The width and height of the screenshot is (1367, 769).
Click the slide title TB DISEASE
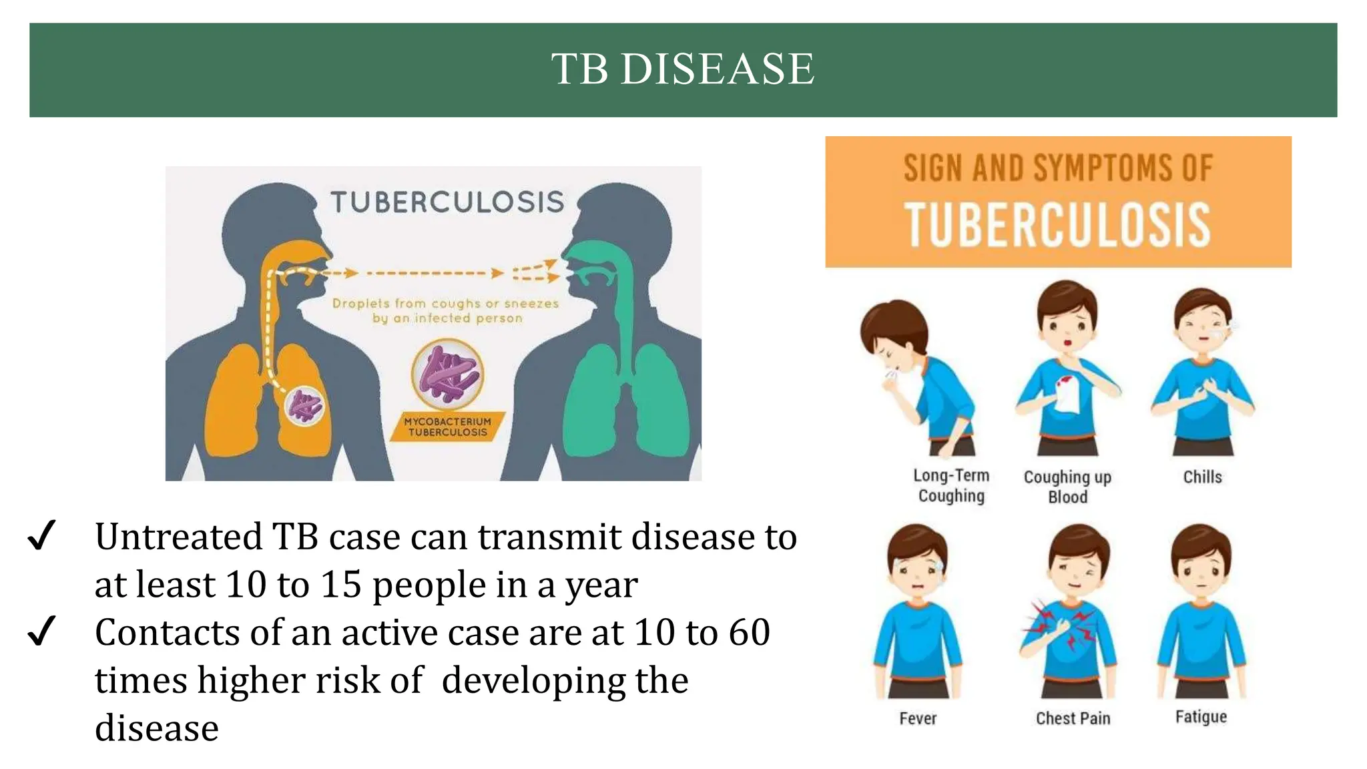pos(682,69)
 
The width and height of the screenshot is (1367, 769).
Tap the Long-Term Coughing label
pos(951,485)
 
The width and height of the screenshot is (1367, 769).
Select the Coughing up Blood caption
pos(1067,487)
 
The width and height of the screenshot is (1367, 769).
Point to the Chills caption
pos(1202,477)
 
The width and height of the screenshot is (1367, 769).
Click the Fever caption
pos(918,718)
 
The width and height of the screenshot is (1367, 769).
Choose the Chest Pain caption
pos(1073,718)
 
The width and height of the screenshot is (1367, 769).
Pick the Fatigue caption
pos(1201,717)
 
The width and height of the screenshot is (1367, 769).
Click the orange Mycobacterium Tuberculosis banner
pos(447,427)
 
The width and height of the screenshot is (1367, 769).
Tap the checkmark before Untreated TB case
pos(41,536)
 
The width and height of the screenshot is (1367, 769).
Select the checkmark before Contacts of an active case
pos(41,631)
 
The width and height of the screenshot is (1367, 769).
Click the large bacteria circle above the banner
pos(447,374)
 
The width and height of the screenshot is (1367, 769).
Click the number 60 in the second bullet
pos(748,632)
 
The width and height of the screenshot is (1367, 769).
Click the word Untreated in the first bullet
pos(178,537)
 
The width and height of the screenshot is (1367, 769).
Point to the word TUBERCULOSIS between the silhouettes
pos(447,202)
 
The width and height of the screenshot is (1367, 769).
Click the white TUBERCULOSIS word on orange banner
pos(1057,226)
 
